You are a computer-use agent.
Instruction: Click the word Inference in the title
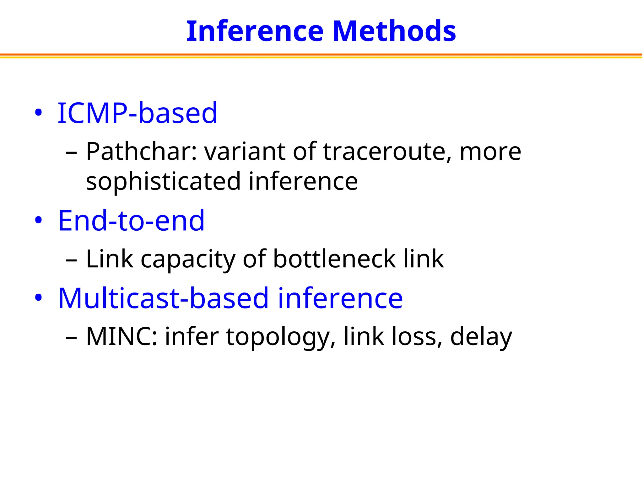pyautogui.click(x=255, y=31)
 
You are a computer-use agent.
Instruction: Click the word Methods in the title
pyautogui.click(x=394, y=31)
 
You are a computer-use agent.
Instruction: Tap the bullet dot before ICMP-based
pyautogui.click(x=38, y=113)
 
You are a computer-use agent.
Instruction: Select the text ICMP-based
pyautogui.click(x=137, y=113)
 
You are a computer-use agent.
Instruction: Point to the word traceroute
pyautogui.click(x=387, y=152)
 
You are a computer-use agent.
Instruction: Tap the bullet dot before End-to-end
pyautogui.click(x=38, y=220)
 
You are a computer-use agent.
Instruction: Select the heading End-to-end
pyautogui.click(x=131, y=220)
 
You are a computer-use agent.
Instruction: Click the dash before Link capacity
pyautogui.click(x=72, y=260)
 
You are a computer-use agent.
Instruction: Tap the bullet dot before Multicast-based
pyautogui.click(x=38, y=298)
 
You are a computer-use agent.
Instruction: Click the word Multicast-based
pyautogui.click(x=163, y=298)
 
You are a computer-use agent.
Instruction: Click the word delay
pyautogui.click(x=481, y=337)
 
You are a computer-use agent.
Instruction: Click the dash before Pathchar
pyautogui.click(x=72, y=153)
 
